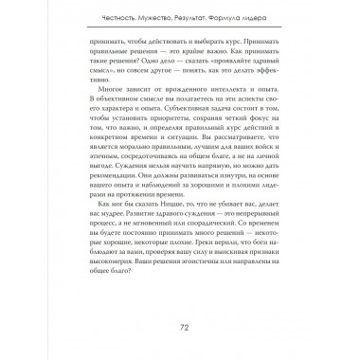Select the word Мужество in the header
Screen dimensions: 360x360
(139, 11)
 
